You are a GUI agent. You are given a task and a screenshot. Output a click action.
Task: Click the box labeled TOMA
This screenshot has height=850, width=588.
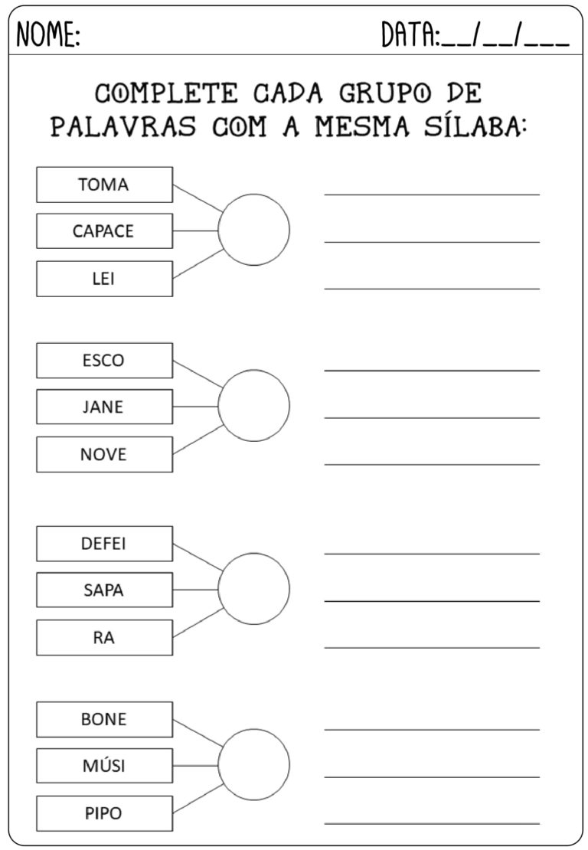click(x=105, y=185)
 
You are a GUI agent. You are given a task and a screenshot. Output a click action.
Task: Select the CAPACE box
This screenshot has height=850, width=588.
click(x=105, y=231)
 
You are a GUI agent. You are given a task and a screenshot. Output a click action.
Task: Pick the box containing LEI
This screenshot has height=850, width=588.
click(x=105, y=279)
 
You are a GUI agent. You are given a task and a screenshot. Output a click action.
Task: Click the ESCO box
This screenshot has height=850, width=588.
click(x=105, y=361)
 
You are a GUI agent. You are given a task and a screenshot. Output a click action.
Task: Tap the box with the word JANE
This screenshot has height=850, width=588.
click(x=105, y=407)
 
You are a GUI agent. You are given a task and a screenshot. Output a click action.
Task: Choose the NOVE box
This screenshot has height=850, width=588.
click(x=105, y=454)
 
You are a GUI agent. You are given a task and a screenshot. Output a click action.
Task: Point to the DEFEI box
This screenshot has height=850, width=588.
click(x=105, y=544)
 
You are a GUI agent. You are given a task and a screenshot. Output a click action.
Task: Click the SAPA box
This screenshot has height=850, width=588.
click(x=105, y=590)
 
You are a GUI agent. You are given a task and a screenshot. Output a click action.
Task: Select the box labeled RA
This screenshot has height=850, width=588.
click(x=105, y=637)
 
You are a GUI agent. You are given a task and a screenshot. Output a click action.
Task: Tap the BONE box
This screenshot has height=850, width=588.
click(x=105, y=719)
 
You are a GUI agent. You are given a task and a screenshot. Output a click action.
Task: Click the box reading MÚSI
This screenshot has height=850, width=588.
click(x=105, y=766)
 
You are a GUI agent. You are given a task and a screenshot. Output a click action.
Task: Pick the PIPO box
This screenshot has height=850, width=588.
click(x=105, y=813)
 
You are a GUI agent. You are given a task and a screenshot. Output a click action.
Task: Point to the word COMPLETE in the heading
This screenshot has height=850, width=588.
click(x=166, y=93)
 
